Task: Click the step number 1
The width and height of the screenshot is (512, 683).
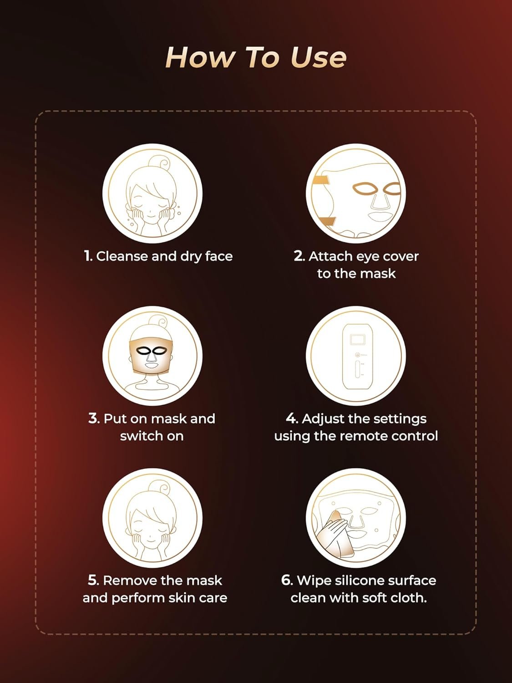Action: tap(88, 256)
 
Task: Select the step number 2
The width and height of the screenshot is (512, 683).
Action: tap(299, 256)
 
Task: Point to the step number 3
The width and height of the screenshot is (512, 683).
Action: tap(94, 418)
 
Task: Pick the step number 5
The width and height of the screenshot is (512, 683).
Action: tap(93, 580)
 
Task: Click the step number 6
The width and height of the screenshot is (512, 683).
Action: tap(287, 580)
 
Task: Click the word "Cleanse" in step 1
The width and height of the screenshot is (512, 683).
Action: tap(122, 256)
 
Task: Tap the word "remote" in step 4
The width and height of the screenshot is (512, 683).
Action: tap(363, 436)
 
